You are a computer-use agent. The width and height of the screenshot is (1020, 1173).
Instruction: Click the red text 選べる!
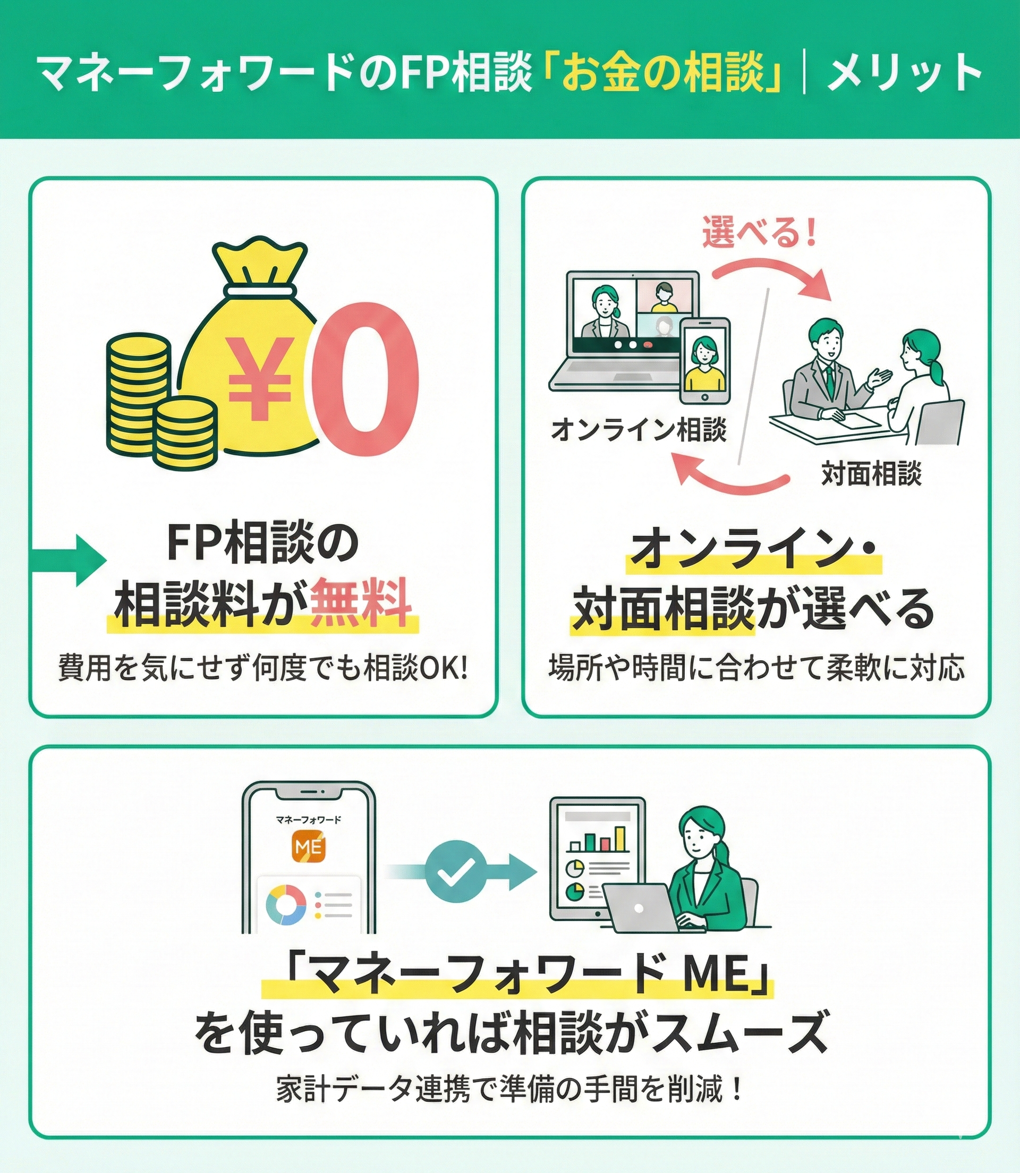[x=759, y=232]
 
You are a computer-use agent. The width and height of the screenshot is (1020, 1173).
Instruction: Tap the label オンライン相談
[x=639, y=430]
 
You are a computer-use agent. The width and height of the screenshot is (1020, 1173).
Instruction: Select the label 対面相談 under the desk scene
[x=871, y=473]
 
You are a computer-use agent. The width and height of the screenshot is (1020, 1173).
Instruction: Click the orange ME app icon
[x=308, y=847]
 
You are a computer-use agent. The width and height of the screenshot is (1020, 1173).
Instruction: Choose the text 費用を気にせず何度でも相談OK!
[x=263, y=669]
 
